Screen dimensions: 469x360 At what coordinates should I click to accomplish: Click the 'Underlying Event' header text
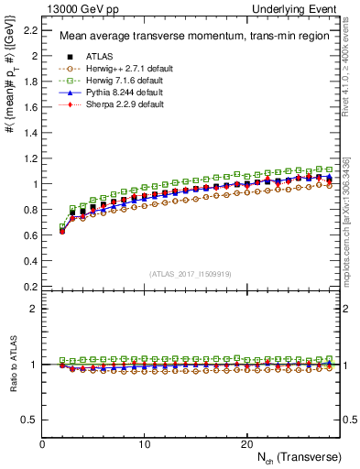tap(300, 8)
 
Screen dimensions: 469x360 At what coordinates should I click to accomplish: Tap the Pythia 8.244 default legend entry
tap(118, 93)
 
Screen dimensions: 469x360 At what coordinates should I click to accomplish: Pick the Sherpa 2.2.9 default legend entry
tap(119, 105)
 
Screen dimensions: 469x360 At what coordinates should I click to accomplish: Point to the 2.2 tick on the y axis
tap(32, 30)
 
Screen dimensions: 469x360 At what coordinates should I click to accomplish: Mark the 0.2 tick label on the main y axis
tap(32, 286)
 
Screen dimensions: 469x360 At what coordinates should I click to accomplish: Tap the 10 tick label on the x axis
tap(144, 443)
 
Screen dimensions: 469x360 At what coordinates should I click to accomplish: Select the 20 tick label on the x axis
tap(245, 443)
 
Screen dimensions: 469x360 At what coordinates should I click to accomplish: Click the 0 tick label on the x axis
tap(42, 443)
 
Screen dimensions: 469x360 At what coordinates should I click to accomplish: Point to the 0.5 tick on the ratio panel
tap(32, 420)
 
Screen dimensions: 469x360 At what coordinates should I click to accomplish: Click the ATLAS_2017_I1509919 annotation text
tap(191, 273)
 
